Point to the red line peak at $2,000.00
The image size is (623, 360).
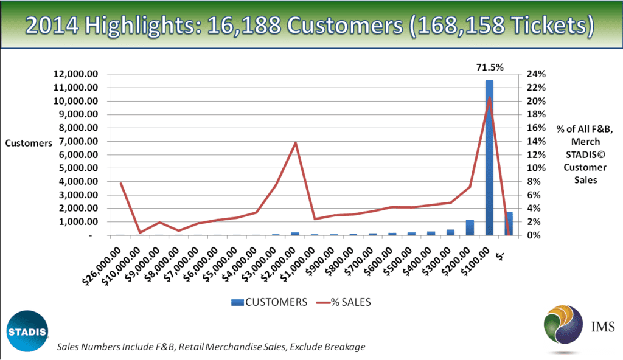coord(295,143)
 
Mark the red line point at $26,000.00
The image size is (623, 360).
coord(120,183)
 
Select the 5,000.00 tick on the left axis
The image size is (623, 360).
coord(78,168)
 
